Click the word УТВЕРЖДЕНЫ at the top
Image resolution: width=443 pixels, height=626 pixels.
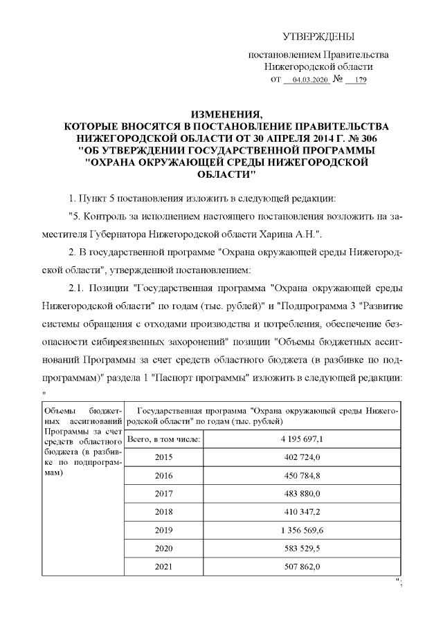coord(319,36)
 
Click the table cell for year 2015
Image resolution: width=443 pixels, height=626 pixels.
coord(165,458)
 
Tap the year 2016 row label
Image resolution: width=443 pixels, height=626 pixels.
coord(165,476)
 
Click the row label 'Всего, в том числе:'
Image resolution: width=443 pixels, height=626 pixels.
coord(165,439)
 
